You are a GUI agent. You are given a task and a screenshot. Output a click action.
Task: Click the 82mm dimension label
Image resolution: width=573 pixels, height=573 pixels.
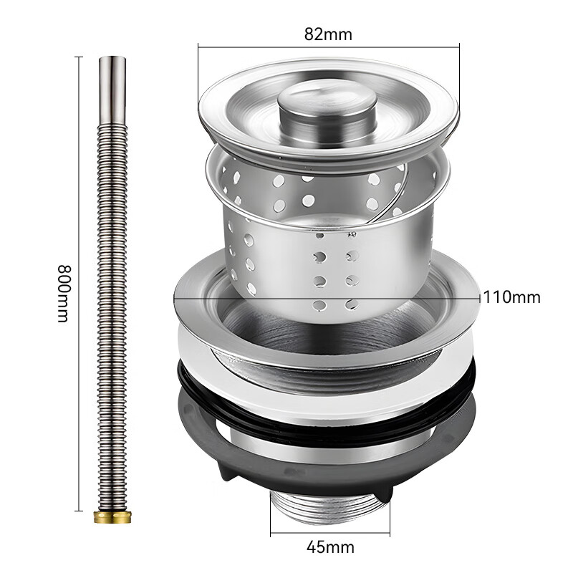(x=328, y=33)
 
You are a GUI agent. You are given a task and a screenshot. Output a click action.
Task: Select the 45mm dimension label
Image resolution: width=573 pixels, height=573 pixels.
(x=330, y=548)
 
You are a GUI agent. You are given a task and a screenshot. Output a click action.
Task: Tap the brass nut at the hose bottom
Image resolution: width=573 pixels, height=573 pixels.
(x=112, y=515)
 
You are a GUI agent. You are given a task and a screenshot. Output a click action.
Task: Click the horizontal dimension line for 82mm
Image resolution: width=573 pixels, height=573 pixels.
(x=272, y=47)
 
